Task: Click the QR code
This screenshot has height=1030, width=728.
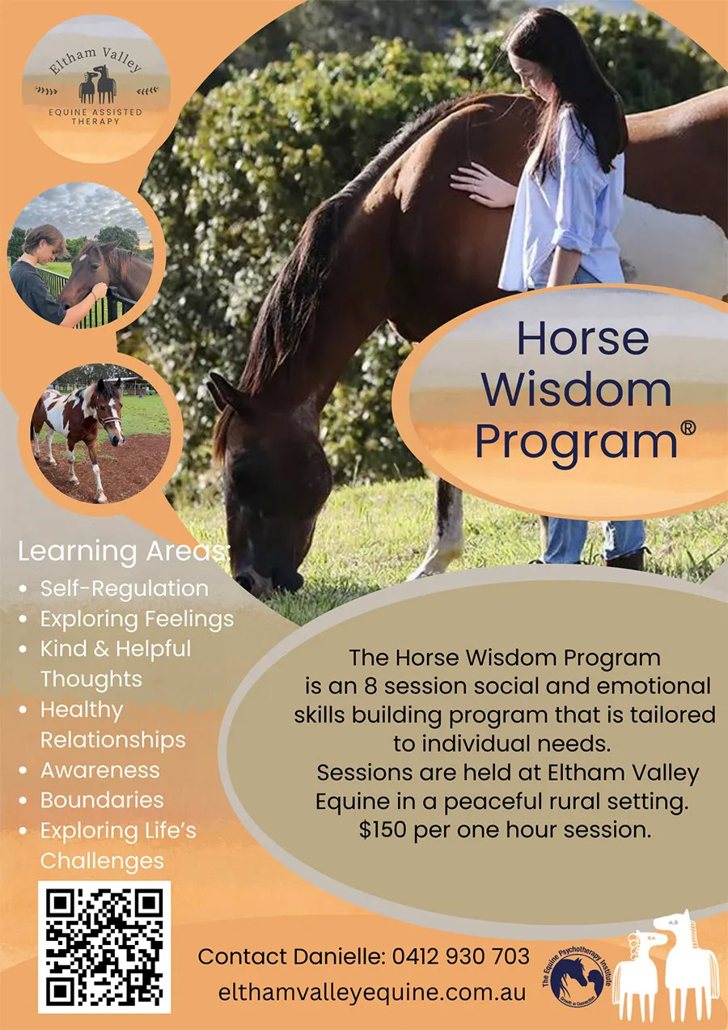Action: click(104, 947)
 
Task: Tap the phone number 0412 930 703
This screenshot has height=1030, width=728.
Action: click(460, 956)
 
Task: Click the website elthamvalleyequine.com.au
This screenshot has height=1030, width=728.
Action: click(372, 992)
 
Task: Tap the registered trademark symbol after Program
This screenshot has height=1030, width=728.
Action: click(688, 429)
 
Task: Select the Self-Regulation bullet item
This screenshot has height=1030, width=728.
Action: click(124, 588)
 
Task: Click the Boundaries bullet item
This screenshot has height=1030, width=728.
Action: click(102, 800)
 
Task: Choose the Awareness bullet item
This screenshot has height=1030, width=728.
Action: click(100, 769)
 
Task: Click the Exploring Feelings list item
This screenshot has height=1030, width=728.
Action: click(137, 619)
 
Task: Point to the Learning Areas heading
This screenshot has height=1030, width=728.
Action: click(124, 553)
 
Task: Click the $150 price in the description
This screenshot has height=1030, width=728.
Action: click(384, 830)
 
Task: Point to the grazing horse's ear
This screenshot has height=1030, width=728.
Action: click(218, 394)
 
